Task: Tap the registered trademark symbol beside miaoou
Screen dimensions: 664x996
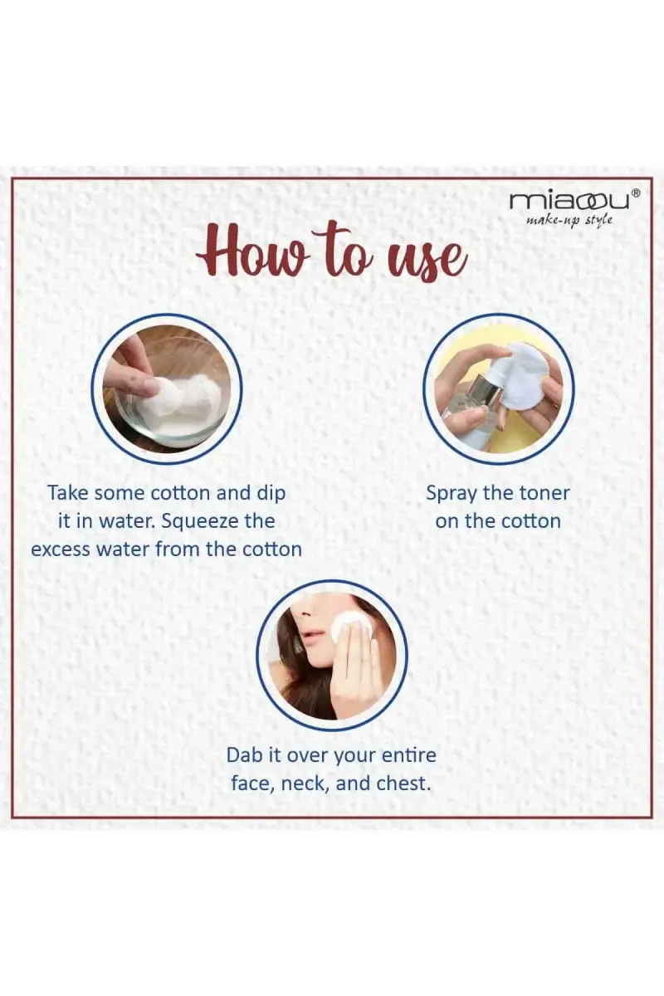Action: (x=636, y=193)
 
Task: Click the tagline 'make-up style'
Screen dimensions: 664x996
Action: (x=569, y=220)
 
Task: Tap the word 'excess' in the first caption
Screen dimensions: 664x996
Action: (x=61, y=549)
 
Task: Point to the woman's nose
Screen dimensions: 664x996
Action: (x=304, y=613)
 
